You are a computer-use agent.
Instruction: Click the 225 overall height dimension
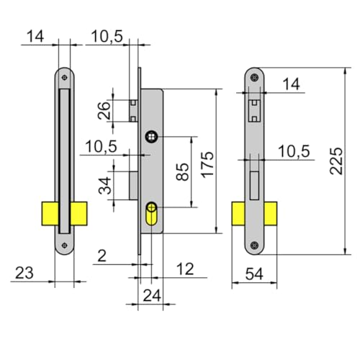click(x=336, y=161)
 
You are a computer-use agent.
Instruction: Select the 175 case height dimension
click(x=207, y=165)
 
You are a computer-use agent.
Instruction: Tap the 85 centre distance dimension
click(x=182, y=171)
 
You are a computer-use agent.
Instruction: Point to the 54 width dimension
click(x=254, y=274)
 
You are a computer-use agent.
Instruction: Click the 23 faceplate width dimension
click(x=24, y=273)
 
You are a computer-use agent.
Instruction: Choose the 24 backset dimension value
click(x=152, y=295)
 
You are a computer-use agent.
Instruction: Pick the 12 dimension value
click(x=185, y=269)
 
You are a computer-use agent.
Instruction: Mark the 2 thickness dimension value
click(x=102, y=256)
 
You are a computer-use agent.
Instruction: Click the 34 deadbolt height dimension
click(x=105, y=185)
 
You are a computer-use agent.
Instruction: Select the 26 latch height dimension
click(x=104, y=111)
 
